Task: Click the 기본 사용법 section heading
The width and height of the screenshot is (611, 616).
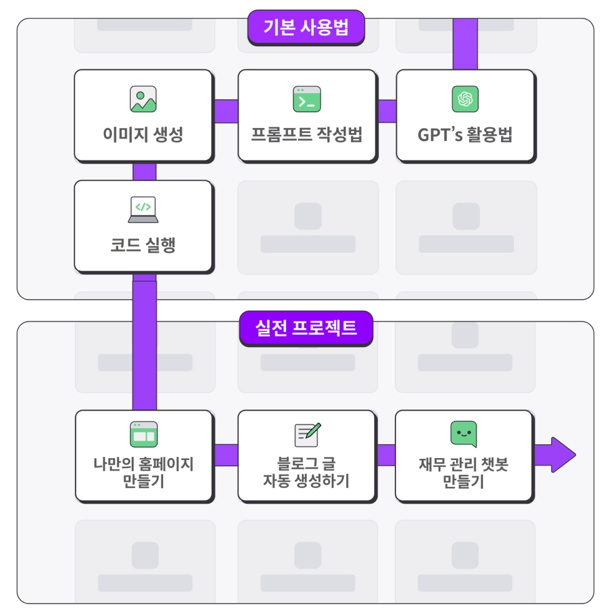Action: tap(305, 27)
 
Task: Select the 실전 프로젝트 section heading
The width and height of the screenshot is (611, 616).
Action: tap(305, 328)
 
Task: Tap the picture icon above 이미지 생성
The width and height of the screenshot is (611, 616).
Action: tap(143, 99)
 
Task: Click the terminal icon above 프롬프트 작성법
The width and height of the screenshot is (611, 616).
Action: tap(307, 99)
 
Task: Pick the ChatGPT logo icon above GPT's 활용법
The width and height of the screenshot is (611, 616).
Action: tap(465, 99)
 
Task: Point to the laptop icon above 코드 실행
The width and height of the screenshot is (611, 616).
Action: tap(143, 210)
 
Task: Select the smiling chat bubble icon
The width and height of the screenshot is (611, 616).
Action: tap(464, 434)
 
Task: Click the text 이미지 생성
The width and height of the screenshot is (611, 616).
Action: tap(143, 135)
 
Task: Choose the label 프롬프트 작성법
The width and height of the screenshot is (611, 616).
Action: tap(307, 135)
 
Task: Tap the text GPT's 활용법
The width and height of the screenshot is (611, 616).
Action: tap(465, 135)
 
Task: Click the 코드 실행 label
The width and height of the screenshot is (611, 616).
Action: tap(143, 245)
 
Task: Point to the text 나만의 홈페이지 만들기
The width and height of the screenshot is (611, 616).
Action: tap(144, 473)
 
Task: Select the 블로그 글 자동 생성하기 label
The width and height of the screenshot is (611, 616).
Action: tap(307, 473)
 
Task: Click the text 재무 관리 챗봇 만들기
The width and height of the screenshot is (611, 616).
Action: tap(464, 473)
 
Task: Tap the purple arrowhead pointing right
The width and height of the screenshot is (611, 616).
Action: tap(562, 454)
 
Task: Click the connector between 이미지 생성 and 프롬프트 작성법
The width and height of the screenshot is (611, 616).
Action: tap(226, 111)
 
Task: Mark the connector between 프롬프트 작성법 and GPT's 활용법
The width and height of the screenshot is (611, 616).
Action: tap(387, 111)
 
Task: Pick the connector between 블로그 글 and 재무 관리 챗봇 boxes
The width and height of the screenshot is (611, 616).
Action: tap(386, 455)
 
